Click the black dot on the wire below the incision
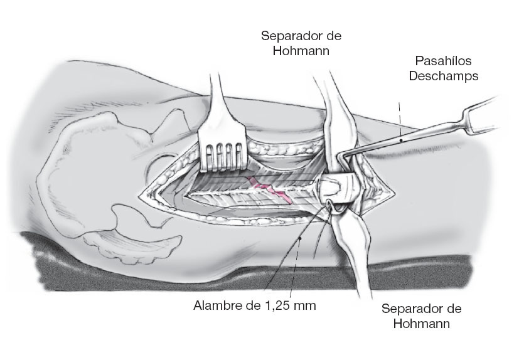click(301, 238)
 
